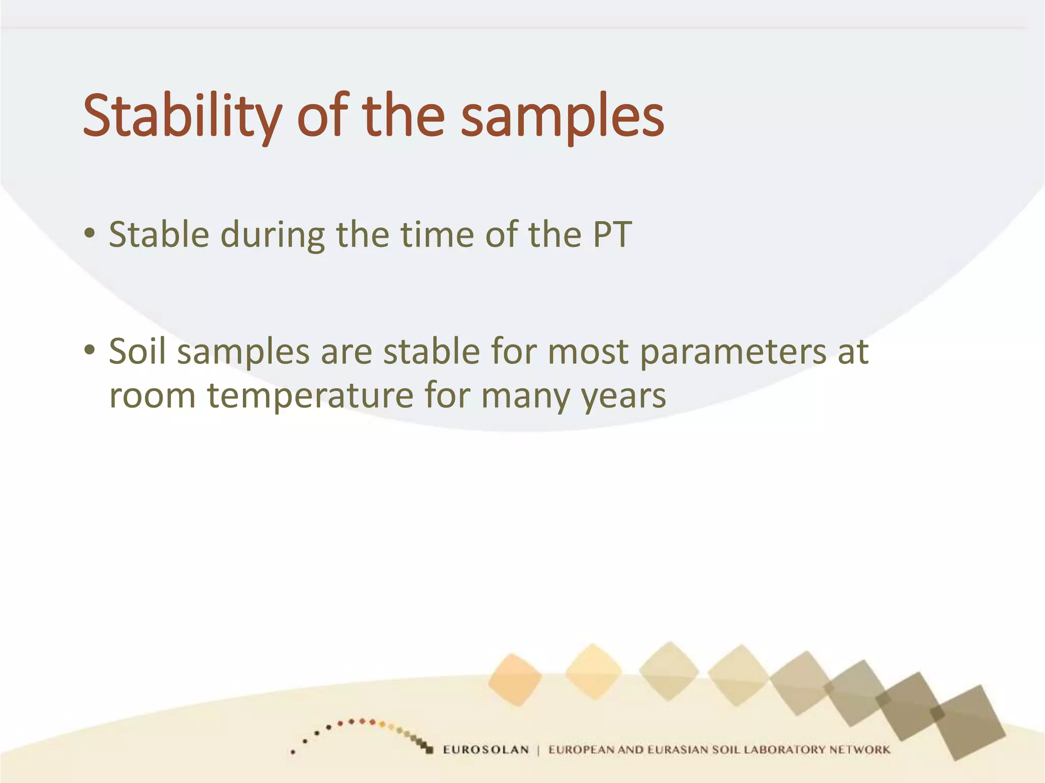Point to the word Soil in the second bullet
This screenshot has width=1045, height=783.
[137, 352]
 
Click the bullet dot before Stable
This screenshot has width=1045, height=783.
[90, 234]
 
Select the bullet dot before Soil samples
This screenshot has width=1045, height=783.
[90, 350]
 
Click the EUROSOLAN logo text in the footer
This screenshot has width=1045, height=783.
[485, 749]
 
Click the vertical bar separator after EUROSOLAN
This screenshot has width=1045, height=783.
[538, 749]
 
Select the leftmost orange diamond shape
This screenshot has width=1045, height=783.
[514, 680]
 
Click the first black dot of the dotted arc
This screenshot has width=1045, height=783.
[293, 752]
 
